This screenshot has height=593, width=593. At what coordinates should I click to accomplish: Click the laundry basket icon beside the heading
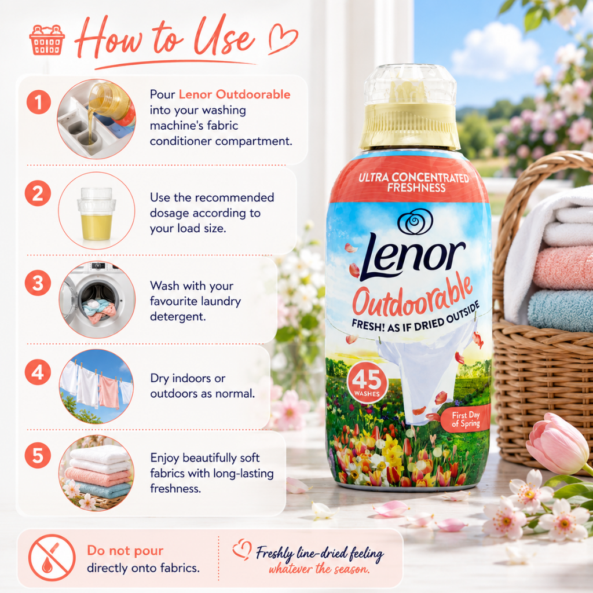point(47,40)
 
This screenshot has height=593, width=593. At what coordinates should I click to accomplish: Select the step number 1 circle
point(39,102)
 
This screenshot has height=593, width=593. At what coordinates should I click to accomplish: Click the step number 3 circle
point(38,283)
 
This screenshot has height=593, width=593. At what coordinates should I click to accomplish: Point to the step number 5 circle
point(38,455)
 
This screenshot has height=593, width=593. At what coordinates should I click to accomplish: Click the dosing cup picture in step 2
point(97,211)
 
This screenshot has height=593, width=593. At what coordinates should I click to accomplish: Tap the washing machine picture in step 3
point(97,299)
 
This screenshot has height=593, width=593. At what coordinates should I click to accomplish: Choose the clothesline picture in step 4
point(96,386)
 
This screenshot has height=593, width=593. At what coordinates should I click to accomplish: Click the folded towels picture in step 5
point(97,473)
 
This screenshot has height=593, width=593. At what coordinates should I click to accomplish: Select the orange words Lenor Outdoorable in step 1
point(235,94)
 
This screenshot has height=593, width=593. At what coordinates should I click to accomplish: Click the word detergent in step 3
point(178,317)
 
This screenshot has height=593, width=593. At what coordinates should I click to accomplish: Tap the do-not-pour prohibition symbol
point(52,558)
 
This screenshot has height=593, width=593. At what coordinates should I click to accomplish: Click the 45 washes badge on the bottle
point(367,383)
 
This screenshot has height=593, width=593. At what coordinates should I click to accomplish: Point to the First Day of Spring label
point(466,419)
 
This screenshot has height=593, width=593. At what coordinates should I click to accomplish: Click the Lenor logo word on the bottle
point(412,256)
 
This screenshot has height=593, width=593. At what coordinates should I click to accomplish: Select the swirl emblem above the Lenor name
point(415,221)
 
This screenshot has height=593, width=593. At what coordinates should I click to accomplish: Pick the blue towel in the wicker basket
point(561,311)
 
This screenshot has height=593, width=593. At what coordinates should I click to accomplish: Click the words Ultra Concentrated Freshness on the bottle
point(413,182)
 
